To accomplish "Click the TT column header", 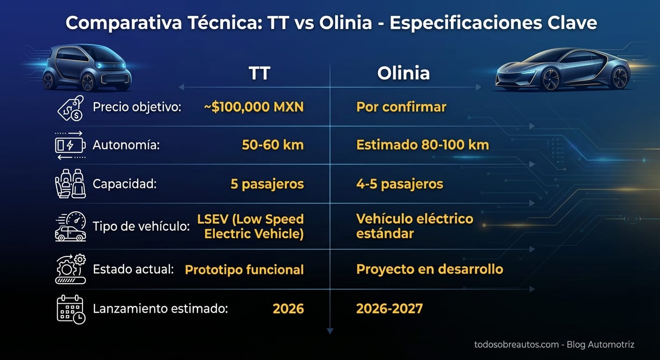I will point(259,74).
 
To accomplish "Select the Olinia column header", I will point(403,74).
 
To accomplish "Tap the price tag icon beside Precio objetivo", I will point(70,107).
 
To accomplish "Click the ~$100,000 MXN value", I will point(254,107).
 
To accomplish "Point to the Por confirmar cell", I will point(401,107).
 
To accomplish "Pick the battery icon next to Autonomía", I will point(70,145).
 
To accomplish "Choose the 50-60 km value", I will point(273,145).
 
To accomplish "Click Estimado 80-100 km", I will point(422,145).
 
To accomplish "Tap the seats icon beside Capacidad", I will point(70,184).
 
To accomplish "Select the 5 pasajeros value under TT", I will point(267,184).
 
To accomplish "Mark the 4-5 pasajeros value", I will point(399,184).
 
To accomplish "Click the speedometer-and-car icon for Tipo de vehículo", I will point(70,226).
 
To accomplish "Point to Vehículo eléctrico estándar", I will point(414,226).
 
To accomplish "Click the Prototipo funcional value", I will point(244,270).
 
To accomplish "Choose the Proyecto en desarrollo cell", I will point(429,270).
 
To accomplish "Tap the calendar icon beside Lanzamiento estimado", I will point(70,309).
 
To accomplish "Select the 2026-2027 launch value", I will point(389,308).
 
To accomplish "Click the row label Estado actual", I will point(133,270).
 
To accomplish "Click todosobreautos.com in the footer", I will point(516,345).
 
